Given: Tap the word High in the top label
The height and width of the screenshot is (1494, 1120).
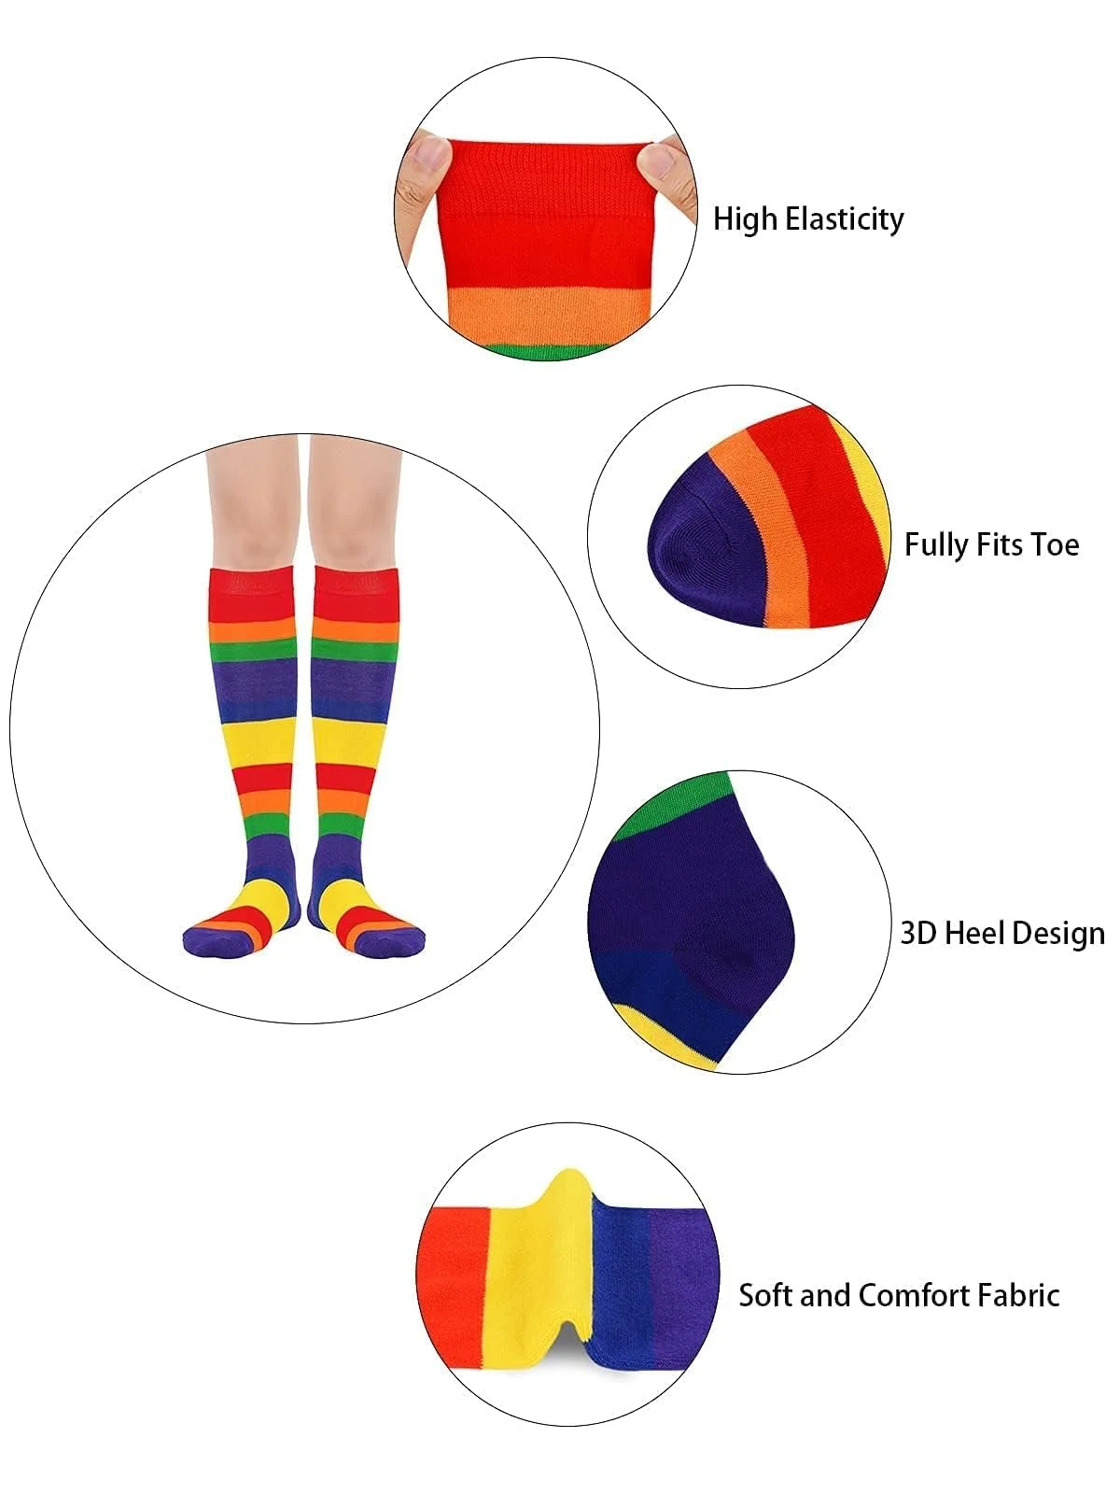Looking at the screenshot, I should click(745, 218).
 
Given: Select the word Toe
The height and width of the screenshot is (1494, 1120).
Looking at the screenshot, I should click(1055, 544).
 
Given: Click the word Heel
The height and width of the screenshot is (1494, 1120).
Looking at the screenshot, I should click(974, 933).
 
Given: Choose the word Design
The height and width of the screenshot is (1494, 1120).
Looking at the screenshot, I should click(1057, 934).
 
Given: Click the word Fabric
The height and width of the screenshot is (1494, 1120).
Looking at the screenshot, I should click(1021, 1295).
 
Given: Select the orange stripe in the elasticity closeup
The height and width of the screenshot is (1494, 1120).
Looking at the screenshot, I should click(546, 313).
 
